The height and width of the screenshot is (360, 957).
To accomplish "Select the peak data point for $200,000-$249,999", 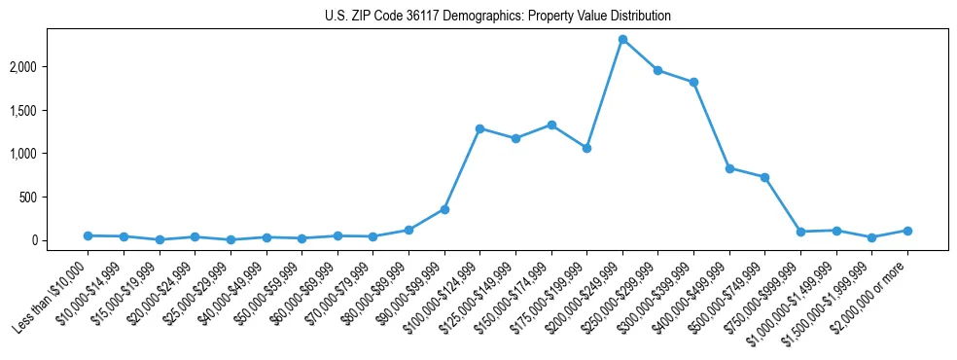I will click(622, 39).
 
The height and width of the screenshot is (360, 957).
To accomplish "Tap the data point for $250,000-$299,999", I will click(658, 70).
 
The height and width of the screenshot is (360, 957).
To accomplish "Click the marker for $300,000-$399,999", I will click(693, 82).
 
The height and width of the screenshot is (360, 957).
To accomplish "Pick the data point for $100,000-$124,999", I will click(479, 128).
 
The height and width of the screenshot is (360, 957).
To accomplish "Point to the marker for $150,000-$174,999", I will click(551, 125).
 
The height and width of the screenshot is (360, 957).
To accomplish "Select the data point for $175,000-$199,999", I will click(586, 148).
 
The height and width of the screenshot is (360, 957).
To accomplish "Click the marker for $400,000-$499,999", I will click(729, 168).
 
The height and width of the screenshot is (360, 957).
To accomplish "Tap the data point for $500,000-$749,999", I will click(765, 177).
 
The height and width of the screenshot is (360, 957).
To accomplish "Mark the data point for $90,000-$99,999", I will click(444, 209).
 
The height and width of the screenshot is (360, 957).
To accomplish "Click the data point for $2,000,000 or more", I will click(907, 231).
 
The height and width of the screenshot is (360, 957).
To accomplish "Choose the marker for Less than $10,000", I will click(88, 235).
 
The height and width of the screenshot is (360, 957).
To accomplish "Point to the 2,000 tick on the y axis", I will click(51, 66).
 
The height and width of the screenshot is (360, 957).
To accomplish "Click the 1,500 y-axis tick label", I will click(51, 110).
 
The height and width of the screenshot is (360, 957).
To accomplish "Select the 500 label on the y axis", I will click(56, 197).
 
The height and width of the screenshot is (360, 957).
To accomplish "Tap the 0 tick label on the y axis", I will click(62, 240).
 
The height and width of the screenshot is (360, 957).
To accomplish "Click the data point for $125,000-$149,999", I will click(515, 138).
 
